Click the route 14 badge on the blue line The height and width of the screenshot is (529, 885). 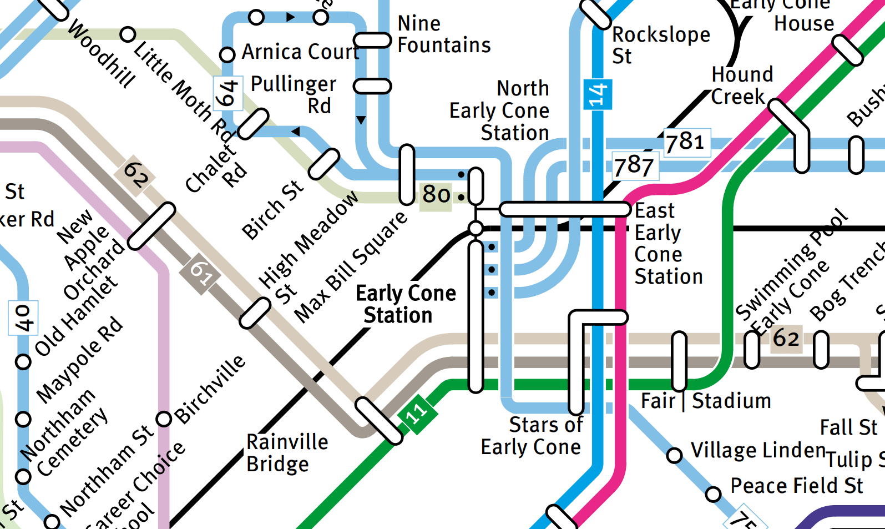[x=597, y=94]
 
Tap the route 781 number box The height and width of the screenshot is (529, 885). [x=687, y=143]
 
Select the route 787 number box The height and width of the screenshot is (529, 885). [x=635, y=166]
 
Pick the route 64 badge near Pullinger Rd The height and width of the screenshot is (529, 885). [x=227, y=93]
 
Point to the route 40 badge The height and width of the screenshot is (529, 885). [x=23, y=318]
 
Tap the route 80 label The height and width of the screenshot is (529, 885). [x=436, y=195]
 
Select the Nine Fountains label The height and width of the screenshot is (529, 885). [x=444, y=34]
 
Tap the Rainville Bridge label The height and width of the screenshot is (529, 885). [x=287, y=453]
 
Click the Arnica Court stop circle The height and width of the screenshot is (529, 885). [x=227, y=55]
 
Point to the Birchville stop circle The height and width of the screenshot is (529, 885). [x=164, y=419]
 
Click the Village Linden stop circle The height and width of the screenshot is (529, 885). [x=674, y=456]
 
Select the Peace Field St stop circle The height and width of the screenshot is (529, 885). [x=713, y=493]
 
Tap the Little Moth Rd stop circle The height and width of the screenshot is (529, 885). [x=128, y=34]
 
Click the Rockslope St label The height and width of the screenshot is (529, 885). [x=660, y=46]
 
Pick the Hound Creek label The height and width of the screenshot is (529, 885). [x=741, y=85]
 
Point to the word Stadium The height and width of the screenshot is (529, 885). [x=731, y=401]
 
